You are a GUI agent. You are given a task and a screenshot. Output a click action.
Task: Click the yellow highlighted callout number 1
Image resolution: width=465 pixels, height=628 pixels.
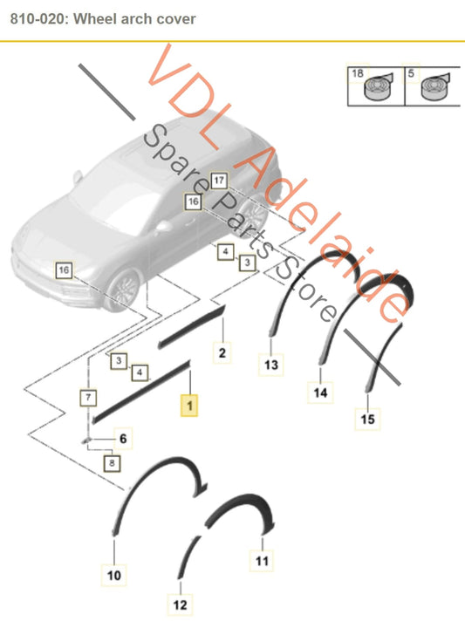pos(188,405)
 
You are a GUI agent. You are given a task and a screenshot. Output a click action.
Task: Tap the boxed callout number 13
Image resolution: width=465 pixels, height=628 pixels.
pos(270,364)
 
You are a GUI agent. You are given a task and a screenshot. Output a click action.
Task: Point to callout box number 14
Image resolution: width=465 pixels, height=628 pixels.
pos(320,393)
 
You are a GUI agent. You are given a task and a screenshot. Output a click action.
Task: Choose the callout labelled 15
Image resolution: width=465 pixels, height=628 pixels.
pos(368,420)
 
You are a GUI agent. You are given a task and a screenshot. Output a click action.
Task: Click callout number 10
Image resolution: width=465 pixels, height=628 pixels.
pos(122,439)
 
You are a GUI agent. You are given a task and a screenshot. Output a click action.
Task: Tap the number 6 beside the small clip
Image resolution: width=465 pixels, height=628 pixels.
pos(122,439)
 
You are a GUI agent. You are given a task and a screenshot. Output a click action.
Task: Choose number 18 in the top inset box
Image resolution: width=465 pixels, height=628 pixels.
pos(356,75)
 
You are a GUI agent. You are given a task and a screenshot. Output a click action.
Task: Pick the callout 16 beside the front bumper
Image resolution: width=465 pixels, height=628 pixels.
pos(63,270)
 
